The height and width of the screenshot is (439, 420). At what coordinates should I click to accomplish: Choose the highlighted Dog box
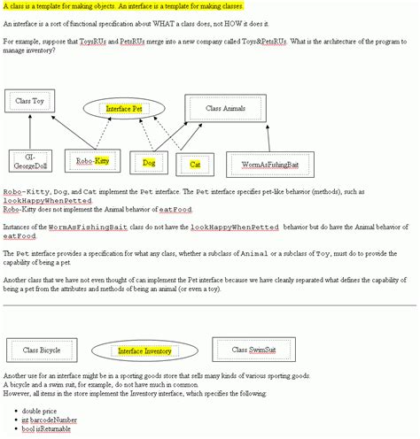(x=148, y=163)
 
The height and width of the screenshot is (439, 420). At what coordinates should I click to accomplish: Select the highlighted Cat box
(x=195, y=164)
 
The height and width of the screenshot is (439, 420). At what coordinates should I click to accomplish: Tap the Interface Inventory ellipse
(x=144, y=351)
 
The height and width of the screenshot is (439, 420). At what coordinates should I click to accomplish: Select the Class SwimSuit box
(x=252, y=350)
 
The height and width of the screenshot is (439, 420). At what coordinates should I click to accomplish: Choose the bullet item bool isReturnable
(x=44, y=429)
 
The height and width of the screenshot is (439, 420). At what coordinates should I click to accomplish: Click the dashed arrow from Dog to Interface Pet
(x=140, y=137)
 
